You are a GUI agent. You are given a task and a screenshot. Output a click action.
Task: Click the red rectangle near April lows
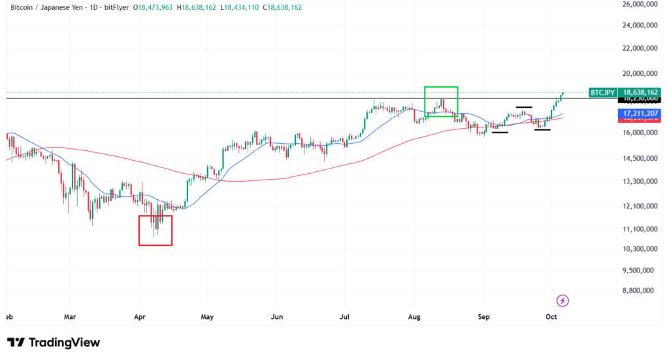[x=155, y=230]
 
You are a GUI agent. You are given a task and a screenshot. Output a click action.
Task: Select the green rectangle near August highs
[x=441, y=101]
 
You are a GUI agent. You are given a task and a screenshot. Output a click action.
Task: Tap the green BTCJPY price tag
[x=602, y=93]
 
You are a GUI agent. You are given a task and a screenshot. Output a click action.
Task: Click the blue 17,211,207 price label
[x=640, y=114]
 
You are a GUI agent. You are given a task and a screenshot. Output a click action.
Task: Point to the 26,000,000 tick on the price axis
[x=641, y=5]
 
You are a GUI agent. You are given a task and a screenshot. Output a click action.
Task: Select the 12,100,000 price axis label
[x=641, y=206]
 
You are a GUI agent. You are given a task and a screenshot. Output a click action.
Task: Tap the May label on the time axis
[x=207, y=316]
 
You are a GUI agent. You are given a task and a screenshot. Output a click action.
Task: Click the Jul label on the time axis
[x=344, y=316]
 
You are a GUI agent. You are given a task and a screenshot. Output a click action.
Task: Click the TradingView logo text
[x=63, y=342]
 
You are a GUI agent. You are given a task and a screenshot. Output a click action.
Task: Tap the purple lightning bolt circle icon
[x=563, y=301]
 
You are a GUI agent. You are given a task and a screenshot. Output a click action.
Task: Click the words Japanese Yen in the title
[x=61, y=8]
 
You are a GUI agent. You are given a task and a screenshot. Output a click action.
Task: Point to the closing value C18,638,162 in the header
[x=279, y=8]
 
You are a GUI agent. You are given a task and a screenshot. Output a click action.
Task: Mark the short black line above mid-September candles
[x=524, y=106]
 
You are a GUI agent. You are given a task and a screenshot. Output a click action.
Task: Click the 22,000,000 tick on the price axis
[x=641, y=48]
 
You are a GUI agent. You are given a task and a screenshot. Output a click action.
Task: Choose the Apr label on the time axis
[x=139, y=316]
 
